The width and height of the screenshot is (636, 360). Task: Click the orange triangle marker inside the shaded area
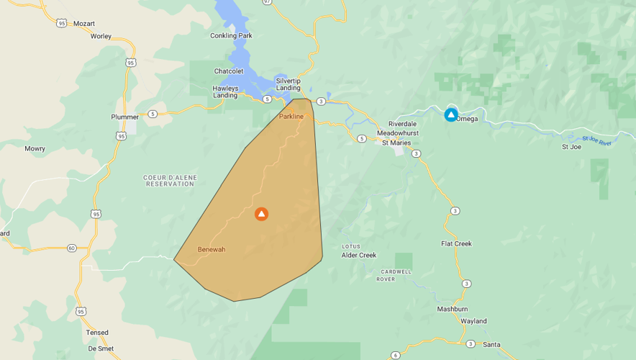tap(261, 214)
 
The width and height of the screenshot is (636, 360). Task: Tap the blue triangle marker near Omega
tap(451, 114)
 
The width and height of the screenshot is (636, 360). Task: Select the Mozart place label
tap(84, 24)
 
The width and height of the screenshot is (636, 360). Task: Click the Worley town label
tap(101, 36)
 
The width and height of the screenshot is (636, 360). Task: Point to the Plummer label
tap(124, 117)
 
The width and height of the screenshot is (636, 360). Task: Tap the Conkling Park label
tap(231, 35)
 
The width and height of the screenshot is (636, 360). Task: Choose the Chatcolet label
tap(229, 71)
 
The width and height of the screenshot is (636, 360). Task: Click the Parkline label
tap(291, 116)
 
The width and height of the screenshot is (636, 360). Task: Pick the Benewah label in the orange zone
tap(212, 249)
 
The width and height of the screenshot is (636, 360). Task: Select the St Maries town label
tap(396, 143)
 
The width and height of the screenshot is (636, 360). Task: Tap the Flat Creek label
tap(456, 243)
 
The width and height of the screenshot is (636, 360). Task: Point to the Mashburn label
tap(453, 309)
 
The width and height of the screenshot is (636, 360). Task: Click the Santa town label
tap(491, 344)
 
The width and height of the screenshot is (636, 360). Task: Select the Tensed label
tap(97, 333)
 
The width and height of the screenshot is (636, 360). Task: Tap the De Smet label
tap(101, 348)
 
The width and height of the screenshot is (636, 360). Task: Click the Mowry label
tap(35, 149)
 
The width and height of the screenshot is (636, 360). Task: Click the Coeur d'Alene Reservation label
tap(170, 181)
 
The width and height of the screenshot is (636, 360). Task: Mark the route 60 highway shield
tap(71, 248)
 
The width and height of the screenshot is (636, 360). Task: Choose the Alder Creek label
tap(359, 255)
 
